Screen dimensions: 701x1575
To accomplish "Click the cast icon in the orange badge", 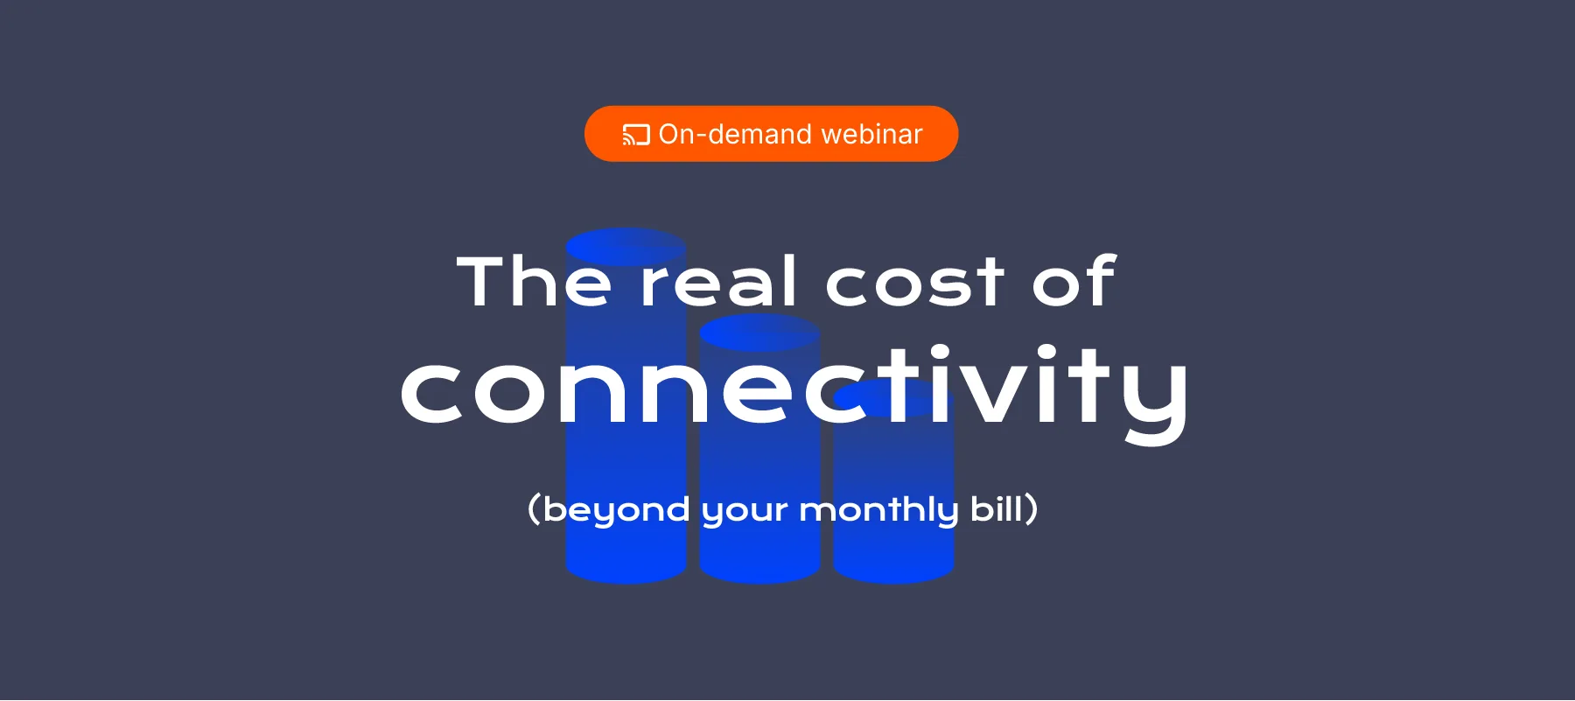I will coord(636,135).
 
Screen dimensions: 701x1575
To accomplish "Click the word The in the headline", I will coord(534,282).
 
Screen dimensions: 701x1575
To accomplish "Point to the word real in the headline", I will coord(718,282).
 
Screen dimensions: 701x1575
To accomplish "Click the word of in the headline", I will coord(1074,282).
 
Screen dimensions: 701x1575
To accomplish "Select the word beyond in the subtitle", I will coord(616,509).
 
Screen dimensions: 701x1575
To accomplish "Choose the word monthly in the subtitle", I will coord(878,509).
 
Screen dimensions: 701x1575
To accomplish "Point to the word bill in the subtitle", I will coord(997,508).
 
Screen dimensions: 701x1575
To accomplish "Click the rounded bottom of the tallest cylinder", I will coord(626,571).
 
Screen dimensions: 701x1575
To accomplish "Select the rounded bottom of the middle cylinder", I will coord(759,571).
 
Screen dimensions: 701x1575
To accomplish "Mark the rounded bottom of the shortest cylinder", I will coord(893,571).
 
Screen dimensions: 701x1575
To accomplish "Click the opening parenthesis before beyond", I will coord(534,509).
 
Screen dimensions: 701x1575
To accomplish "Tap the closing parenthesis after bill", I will coord(1032,509).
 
